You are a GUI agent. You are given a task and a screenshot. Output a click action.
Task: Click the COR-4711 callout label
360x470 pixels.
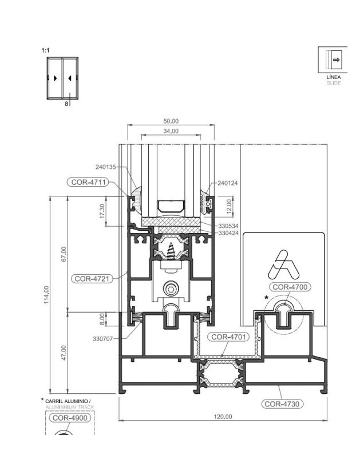(88, 182)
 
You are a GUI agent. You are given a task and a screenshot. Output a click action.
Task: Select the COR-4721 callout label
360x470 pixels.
(92, 279)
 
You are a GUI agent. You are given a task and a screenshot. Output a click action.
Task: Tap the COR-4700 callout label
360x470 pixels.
(290, 287)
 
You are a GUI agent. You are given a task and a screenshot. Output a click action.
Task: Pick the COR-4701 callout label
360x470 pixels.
(228, 337)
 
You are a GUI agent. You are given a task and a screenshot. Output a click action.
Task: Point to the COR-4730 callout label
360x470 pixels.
(282, 404)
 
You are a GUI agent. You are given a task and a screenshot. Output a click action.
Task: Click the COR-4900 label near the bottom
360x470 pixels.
(70, 418)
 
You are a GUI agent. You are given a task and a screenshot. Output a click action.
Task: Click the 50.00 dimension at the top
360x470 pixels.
(171, 121)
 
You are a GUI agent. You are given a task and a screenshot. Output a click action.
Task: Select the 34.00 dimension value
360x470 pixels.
(171, 131)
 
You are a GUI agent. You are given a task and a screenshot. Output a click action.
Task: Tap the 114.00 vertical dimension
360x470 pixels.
(46, 295)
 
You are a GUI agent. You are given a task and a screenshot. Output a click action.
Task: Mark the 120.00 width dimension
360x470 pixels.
(223, 417)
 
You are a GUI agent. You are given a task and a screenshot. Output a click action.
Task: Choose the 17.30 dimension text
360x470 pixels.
(102, 211)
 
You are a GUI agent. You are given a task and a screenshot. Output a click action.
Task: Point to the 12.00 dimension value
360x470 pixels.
(230, 207)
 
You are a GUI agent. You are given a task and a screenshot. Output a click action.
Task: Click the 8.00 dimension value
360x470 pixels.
(102, 319)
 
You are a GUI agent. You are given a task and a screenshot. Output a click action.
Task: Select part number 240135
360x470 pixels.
(106, 167)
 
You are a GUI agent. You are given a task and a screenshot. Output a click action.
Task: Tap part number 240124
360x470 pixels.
(228, 183)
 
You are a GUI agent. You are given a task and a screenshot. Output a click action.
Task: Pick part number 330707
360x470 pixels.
(103, 339)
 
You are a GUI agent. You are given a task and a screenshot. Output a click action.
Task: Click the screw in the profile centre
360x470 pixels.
(171, 251)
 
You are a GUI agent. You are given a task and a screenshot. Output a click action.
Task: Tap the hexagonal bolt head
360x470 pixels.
(171, 289)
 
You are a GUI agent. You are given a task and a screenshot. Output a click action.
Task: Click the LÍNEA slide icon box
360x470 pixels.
(333, 60)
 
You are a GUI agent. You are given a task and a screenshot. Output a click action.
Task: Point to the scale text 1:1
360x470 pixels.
(45, 50)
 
